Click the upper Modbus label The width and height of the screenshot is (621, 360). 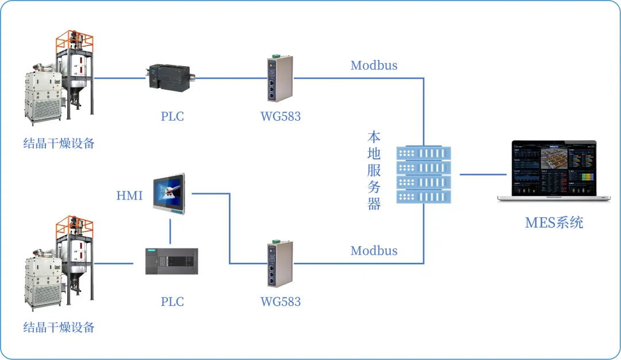pos(374,65)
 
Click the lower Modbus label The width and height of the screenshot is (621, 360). pos(374,251)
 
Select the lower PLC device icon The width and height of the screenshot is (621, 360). pos(171,261)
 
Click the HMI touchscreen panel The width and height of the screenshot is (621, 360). pos(170,194)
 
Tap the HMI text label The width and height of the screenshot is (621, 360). pos(129,196)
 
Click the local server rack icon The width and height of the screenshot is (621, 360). pos(424,174)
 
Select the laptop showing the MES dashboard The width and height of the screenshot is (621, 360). pos(554,171)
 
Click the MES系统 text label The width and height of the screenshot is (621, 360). pos(554,223)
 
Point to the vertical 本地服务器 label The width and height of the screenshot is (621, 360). pos(374,171)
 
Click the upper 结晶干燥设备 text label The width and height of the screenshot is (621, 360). pos(59,143)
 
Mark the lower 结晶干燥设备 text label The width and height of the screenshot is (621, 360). pos(59,328)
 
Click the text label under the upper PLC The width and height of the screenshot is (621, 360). pos(172,116)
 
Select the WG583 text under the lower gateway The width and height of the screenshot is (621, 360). pos(281,301)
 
